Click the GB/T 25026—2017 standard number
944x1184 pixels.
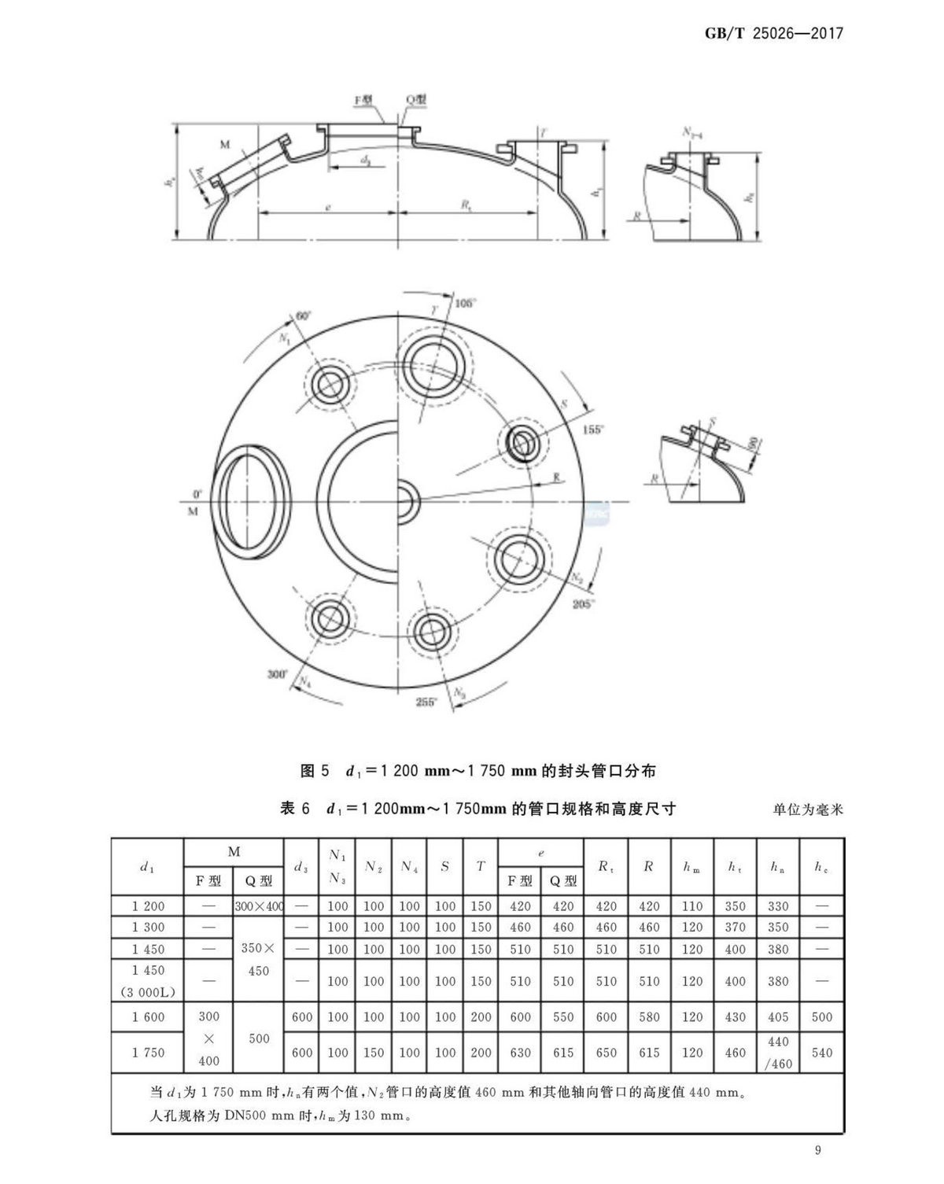pyautogui.click(x=775, y=34)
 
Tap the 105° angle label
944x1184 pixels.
pyautogui.click(x=466, y=303)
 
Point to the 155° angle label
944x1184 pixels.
pyautogui.click(x=592, y=430)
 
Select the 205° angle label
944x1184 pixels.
pyautogui.click(x=583, y=604)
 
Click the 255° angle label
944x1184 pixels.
pyautogui.click(x=426, y=702)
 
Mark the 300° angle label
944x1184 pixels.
pyautogui.click(x=278, y=674)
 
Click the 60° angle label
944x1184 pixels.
pyautogui.click(x=303, y=315)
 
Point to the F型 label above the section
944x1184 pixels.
pyautogui.click(x=363, y=101)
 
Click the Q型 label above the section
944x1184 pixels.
pyautogui.click(x=416, y=101)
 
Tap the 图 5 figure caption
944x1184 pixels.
pyautogui.click(x=478, y=771)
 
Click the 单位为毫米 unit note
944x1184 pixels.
pyautogui.click(x=808, y=809)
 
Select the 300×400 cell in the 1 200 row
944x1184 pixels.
pyautogui.click(x=259, y=906)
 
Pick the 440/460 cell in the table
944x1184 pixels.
pyautogui.click(x=778, y=1053)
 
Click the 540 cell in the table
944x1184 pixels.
pyautogui.click(x=821, y=1053)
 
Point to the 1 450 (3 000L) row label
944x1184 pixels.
pyautogui.click(x=148, y=981)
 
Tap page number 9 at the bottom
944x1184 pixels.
pyautogui.click(x=818, y=1151)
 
